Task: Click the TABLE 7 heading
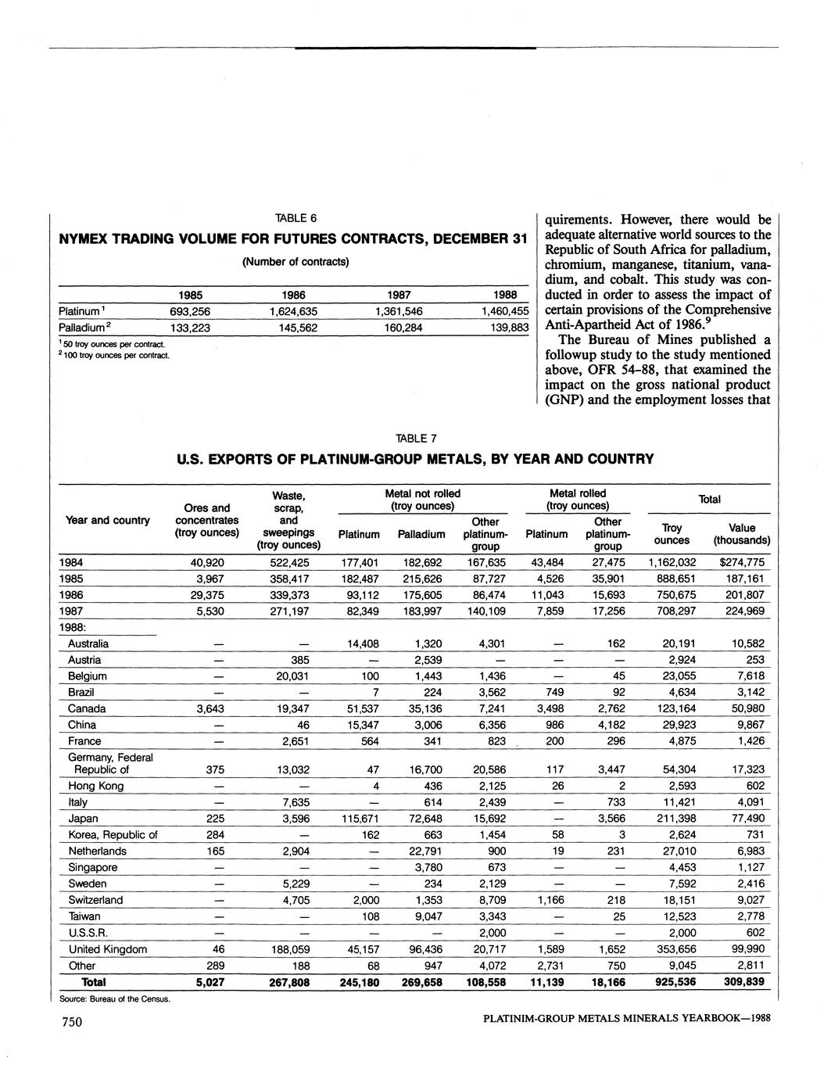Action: point(416,438)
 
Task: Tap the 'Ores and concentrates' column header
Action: point(207,520)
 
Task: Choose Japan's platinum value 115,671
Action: point(360,819)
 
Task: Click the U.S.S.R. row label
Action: point(88,933)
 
